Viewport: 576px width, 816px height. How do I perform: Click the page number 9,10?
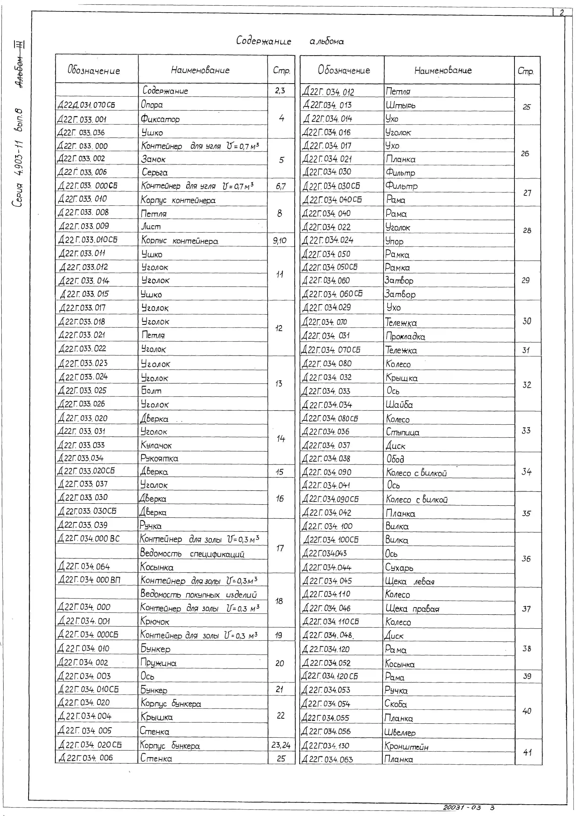280,241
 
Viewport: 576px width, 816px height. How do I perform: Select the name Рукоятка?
159,458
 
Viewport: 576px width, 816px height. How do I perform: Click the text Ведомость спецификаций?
192,553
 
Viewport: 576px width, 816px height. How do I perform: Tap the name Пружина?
158,663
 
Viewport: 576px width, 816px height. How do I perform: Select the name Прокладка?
405,336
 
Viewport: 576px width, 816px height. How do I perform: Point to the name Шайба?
399,405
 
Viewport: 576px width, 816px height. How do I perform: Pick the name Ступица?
403,432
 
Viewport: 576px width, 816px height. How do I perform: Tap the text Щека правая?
412,609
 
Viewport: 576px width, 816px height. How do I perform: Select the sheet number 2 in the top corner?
562,13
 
